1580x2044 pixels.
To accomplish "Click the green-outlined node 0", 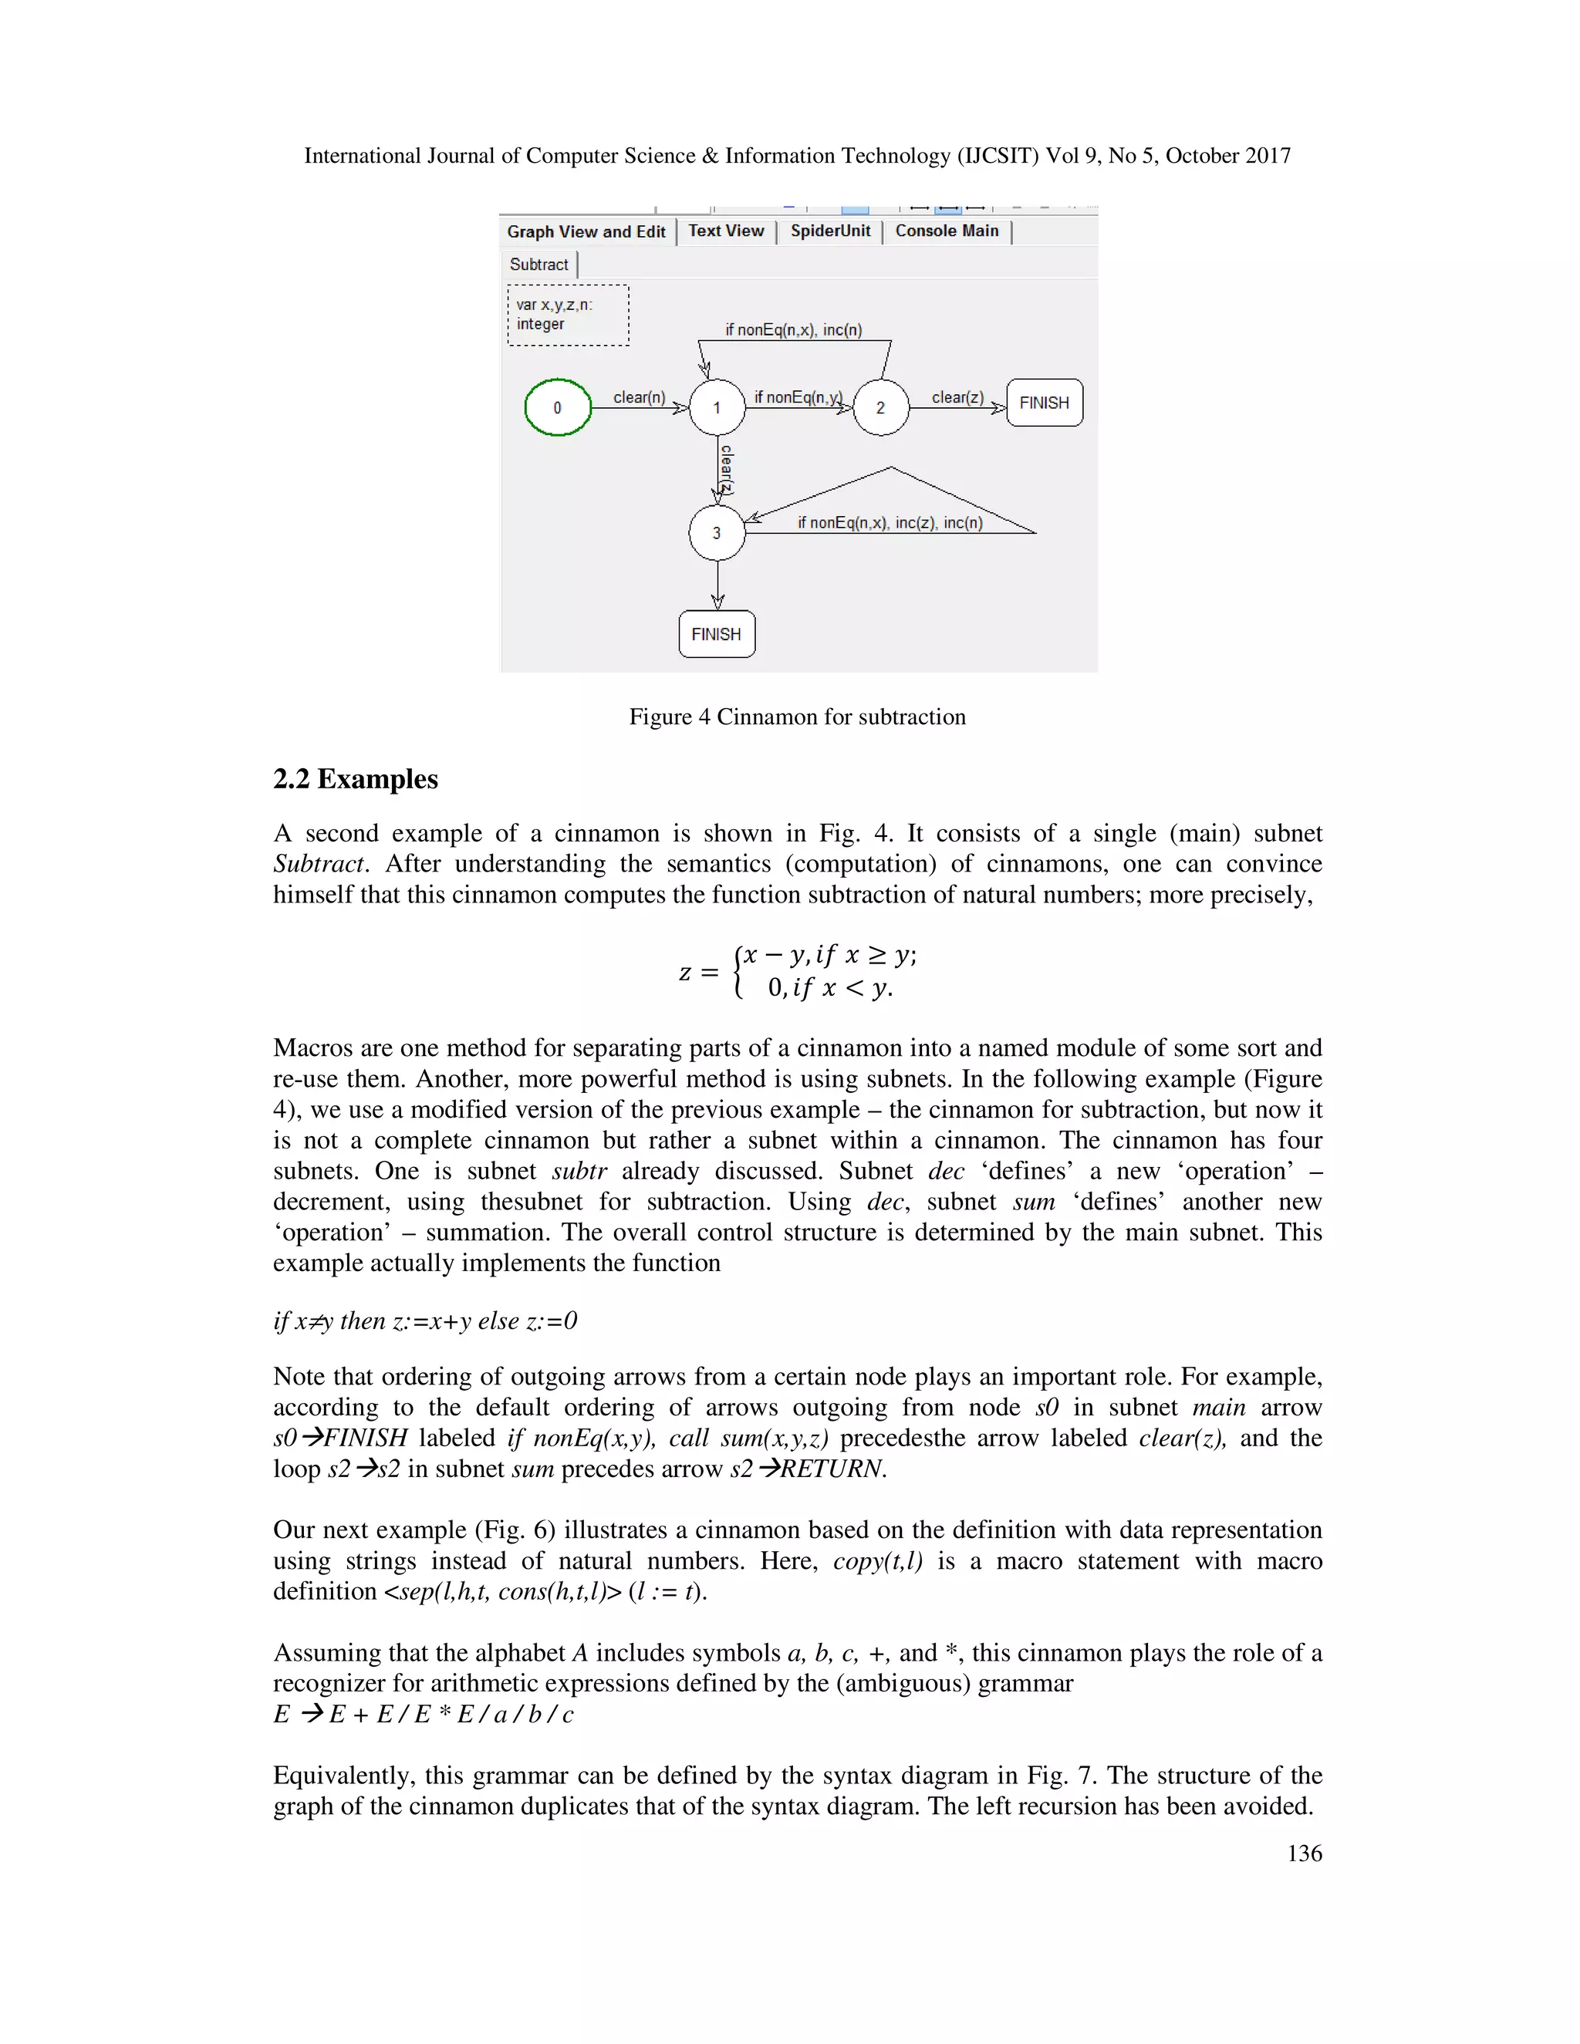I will pos(558,407).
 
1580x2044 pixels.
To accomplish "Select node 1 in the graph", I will pos(717,407).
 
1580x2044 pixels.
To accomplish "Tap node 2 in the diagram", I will pos(879,407).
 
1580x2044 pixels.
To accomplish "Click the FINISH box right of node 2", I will pos(1045,403).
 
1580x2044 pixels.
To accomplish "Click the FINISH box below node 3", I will pos(717,633).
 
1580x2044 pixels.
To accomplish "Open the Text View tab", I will pos(726,231).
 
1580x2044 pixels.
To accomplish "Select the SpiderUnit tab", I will pos(830,231).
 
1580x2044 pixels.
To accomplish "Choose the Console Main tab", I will pos(947,231).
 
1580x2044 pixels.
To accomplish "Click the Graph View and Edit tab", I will pos(586,231).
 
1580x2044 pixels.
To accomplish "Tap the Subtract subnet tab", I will pos(539,265).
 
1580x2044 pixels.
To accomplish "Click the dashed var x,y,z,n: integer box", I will pos(568,315).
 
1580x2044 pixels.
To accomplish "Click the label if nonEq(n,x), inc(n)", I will pos(794,329).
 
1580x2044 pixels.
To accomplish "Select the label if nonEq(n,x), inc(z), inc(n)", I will pos(890,522).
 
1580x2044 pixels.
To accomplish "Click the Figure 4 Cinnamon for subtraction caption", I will pos(796,717).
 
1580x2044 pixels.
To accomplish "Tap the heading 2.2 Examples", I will pos(356,779).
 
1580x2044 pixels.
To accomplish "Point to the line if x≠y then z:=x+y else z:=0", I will pos(425,1321).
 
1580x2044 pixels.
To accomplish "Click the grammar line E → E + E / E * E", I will pos(423,1714).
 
